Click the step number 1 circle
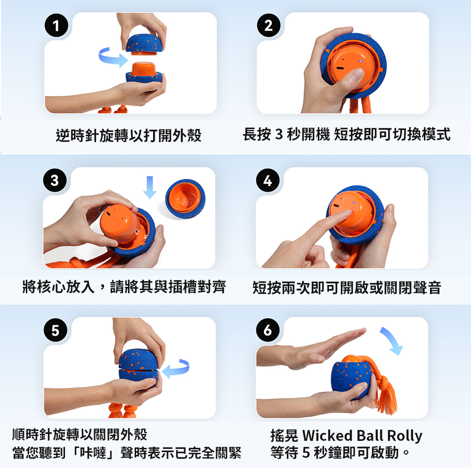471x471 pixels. coord(56,25)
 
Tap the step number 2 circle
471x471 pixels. coord(269,25)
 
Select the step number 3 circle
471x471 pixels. coord(55,180)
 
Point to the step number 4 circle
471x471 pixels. coord(268,181)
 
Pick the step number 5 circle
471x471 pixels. coord(56,330)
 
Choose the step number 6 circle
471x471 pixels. coord(268,330)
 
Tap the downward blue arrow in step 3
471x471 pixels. coord(150,187)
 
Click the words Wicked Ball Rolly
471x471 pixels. coord(362,436)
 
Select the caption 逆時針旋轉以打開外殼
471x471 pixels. coord(128,135)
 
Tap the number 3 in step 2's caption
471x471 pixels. coord(279,134)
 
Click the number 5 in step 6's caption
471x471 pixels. coord(306,453)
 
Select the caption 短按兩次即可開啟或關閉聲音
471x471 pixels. coord(347,288)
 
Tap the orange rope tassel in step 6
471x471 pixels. coord(381,388)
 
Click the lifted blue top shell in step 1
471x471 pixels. coord(144,45)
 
